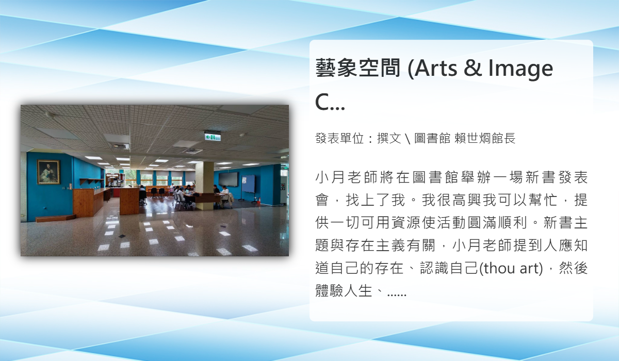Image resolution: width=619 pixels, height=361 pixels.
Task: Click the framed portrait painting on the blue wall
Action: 48,172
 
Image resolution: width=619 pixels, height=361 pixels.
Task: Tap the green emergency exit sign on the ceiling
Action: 213,137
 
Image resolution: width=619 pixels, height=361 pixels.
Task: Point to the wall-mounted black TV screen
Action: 228,179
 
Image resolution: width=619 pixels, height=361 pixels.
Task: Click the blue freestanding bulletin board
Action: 249,184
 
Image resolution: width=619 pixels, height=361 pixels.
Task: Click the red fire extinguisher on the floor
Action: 258,200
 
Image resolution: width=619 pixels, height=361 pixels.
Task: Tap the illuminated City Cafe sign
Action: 112,175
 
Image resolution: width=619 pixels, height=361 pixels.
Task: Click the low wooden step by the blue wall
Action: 55,218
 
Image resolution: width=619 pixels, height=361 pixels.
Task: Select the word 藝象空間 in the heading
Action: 358,68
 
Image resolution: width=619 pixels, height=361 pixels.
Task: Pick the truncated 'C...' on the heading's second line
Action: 330,102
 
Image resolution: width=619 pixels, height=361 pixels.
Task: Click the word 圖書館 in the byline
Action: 432,138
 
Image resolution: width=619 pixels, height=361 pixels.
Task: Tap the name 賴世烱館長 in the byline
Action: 485,138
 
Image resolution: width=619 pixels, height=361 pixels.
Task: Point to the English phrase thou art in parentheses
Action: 511,268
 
